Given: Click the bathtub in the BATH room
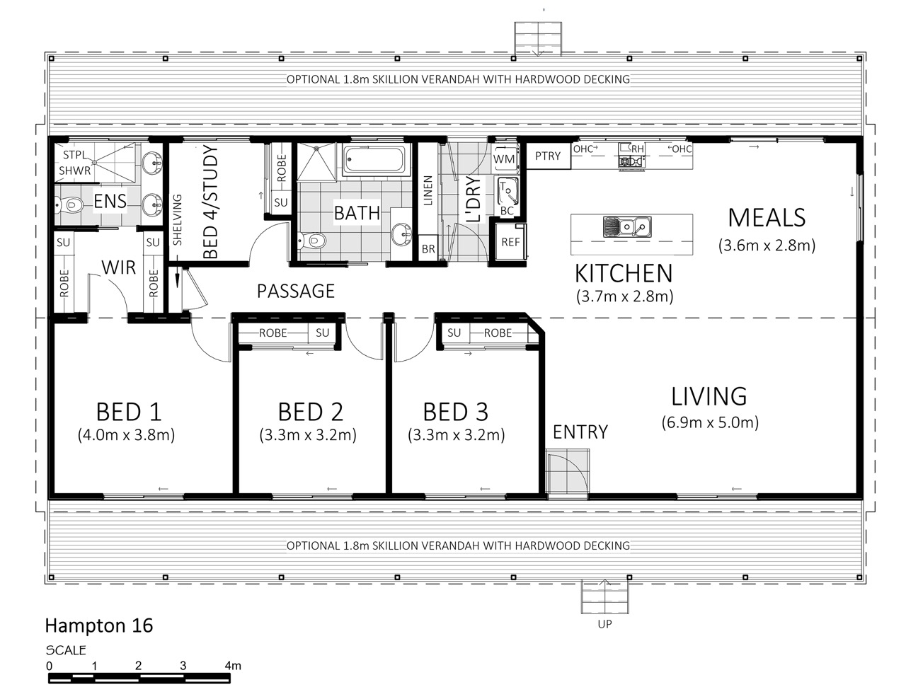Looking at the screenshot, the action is [376, 159].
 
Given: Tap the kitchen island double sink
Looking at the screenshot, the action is [627, 227].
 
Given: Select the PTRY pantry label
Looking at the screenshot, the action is [548, 156].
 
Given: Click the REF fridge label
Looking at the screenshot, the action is [510, 242].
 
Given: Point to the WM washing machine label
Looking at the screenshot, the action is [504, 159].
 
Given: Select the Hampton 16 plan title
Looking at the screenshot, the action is [99, 625].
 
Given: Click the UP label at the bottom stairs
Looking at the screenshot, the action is [604, 624].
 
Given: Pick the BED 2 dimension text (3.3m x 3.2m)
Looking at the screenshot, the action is [308, 435].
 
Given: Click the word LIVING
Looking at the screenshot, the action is [709, 396].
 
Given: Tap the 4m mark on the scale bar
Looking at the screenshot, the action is [233, 666].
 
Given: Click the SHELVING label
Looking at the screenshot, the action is [177, 219].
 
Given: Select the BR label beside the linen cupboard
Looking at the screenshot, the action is [428, 249].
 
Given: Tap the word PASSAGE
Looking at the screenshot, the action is [296, 291].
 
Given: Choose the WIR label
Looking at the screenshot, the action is [118, 267].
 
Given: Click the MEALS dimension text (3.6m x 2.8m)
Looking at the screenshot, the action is [767, 246].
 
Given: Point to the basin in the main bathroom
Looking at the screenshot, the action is [401, 234].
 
